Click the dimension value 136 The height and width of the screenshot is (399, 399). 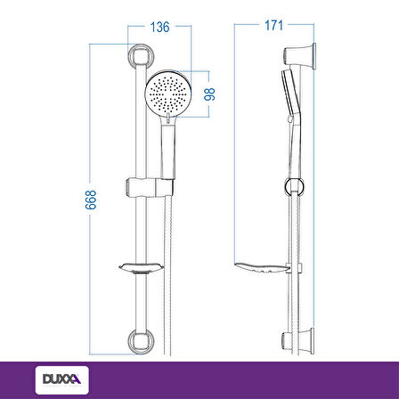[159, 27]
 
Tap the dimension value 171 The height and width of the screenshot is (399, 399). [273, 26]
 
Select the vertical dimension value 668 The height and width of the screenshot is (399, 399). [91, 200]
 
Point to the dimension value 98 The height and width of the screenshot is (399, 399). [210, 94]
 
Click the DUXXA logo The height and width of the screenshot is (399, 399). [62, 379]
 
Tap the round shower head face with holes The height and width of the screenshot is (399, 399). [168, 94]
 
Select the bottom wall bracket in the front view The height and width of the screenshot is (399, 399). [140, 341]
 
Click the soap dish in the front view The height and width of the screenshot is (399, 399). [142, 268]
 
